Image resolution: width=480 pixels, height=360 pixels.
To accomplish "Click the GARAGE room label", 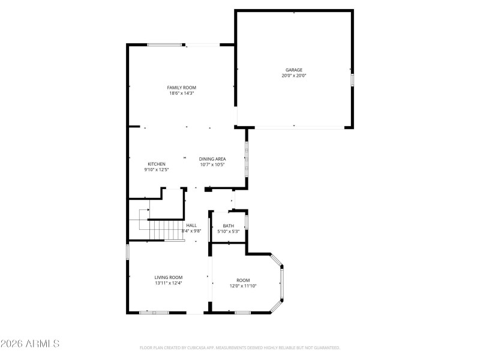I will tap(293, 70).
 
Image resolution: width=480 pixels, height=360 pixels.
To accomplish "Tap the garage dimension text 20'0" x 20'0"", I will tap(293, 76).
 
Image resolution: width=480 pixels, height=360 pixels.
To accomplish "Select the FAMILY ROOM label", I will tap(181, 88).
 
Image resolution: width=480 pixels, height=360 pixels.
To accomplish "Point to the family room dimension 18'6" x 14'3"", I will tap(181, 94).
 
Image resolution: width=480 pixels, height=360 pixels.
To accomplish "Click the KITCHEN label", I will tap(157, 164).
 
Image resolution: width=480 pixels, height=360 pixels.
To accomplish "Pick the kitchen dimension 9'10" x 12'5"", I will tap(157, 170).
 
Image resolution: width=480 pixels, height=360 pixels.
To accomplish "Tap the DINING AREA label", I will tap(212, 159).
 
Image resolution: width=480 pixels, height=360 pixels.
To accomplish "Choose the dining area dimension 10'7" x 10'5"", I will tap(212, 165).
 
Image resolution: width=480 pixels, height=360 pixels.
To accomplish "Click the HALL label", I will tap(191, 225).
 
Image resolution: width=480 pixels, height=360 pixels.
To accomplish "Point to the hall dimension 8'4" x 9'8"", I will tap(191, 231).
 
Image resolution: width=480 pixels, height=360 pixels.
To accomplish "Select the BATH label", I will tap(228, 226).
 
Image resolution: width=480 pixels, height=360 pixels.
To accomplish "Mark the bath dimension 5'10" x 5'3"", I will tap(228, 232).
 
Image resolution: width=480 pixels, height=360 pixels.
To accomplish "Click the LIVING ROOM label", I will tap(168, 277).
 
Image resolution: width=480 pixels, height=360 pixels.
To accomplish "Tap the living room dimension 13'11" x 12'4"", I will tap(168, 283).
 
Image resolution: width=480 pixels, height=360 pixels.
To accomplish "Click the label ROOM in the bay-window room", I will tap(243, 280).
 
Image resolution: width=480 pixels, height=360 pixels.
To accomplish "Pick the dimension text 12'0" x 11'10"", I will tap(243, 286).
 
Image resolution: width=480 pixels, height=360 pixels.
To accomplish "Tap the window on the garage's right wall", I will tap(352, 80).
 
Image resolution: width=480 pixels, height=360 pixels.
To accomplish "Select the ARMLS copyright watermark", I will tap(30, 344).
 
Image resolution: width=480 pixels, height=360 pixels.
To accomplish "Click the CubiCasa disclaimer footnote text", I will tap(240, 347).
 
